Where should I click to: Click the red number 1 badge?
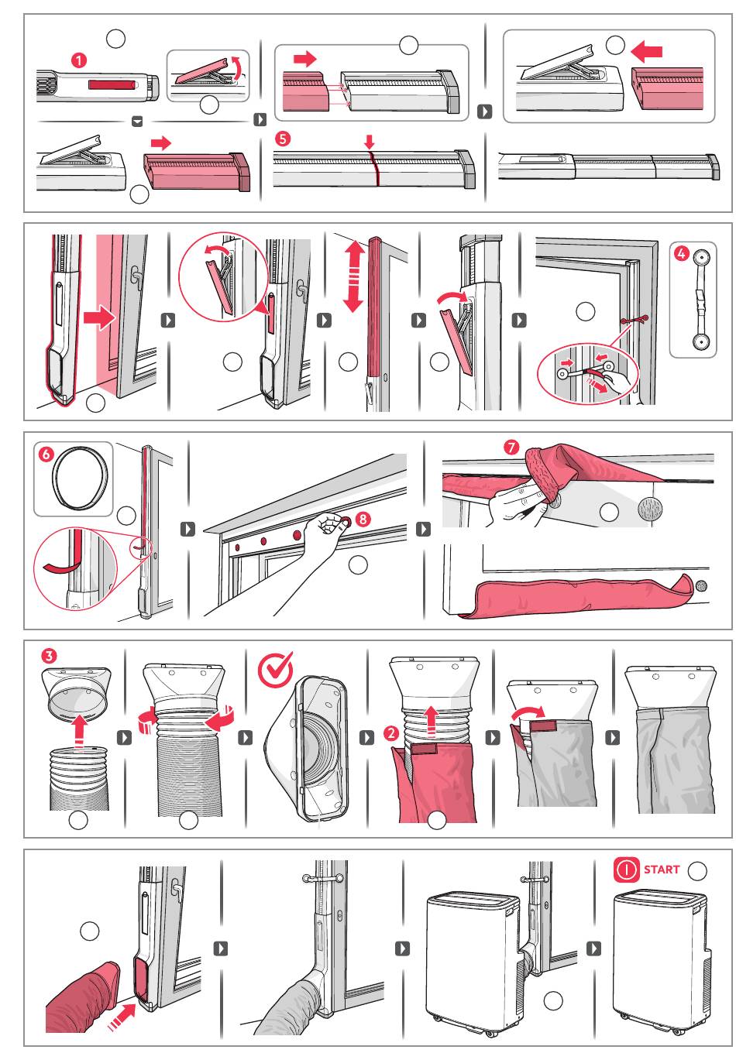(x=78, y=60)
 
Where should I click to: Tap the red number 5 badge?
(x=283, y=139)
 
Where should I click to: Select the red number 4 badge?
(x=681, y=254)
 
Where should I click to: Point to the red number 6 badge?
(x=46, y=455)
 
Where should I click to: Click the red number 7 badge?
(x=511, y=447)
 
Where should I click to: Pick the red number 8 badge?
(x=363, y=519)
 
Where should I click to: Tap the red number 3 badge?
(x=49, y=656)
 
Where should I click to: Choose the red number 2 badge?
(x=391, y=733)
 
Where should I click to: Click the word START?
(x=662, y=870)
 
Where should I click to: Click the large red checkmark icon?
(x=275, y=669)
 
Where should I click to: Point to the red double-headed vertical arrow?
(x=353, y=276)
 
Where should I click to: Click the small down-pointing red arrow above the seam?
(x=370, y=142)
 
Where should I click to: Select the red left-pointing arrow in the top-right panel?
(x=646, y=51)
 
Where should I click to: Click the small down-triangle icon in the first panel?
(x=137, y=122)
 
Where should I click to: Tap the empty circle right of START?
(x=696, y=870)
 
